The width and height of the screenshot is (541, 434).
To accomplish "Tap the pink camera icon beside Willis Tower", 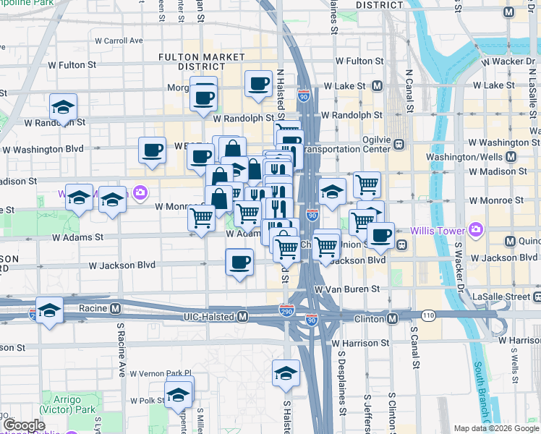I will (475, 230).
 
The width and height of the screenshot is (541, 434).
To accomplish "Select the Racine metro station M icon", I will (115, 308).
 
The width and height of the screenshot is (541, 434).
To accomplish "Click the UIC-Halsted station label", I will (209, 317).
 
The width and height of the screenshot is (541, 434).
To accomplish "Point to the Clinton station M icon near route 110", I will (392, 318).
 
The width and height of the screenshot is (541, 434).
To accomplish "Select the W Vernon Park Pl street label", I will (160, 373).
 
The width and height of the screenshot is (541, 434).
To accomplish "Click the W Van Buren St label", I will (347, 289).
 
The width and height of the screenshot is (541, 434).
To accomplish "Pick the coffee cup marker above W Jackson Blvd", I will (239, 263).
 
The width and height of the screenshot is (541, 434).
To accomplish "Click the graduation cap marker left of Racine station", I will (49, 311).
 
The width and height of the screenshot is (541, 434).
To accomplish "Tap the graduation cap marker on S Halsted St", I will (286, 374).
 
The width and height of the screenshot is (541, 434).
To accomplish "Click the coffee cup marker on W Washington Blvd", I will (152, 150).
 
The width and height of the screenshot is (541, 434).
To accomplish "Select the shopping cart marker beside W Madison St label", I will (367, 184).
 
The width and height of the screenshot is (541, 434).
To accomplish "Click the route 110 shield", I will (428, 315).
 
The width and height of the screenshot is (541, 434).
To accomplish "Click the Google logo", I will (24, 425).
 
